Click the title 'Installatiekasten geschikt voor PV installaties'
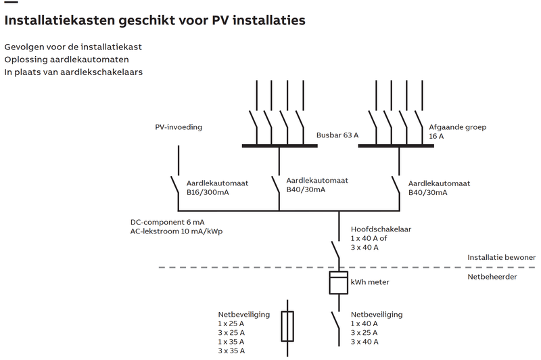154,21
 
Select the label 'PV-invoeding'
179,127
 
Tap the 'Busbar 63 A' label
337,135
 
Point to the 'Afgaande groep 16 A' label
458,131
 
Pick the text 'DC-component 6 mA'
168,223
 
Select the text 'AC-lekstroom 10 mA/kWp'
177,231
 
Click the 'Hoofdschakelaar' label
381,229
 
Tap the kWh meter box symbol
338,283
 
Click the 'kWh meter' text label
370,282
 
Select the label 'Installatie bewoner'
501,258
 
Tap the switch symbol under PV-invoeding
175,185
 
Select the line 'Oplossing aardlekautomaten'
66,60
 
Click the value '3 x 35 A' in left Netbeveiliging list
231,351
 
